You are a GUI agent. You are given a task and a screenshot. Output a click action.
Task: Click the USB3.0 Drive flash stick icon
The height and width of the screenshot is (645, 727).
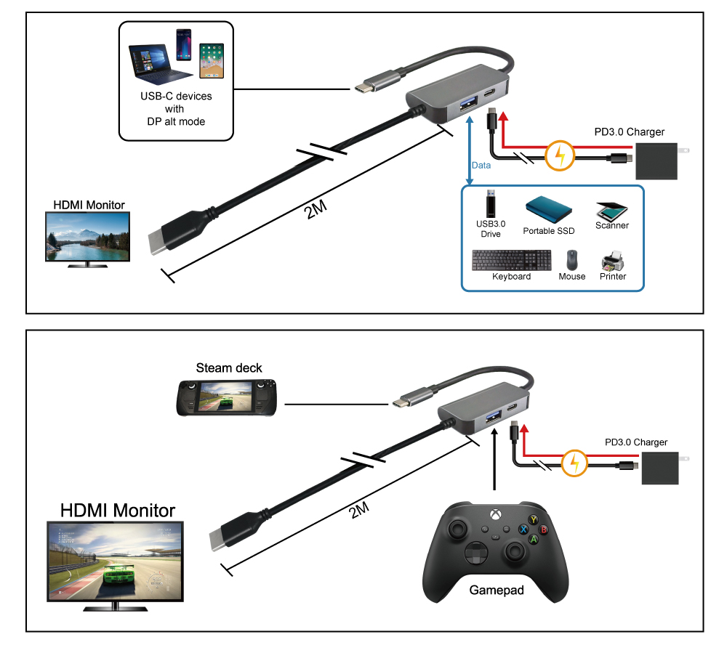click(x=492, y=203)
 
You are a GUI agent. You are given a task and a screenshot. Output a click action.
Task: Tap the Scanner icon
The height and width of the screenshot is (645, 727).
click(x=611, y=210)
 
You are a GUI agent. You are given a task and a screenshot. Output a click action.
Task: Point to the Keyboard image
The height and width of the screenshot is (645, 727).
click(x=511, y=260)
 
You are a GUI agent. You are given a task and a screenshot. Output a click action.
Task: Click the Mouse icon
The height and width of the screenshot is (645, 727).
click(x=572, y=260)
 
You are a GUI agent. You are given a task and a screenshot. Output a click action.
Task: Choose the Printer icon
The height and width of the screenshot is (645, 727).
click(x=612, y=259)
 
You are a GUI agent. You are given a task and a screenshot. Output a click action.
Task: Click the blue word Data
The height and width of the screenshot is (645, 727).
click(x=481, y=166)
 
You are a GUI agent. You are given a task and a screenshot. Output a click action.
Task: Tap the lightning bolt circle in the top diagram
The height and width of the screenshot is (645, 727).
click(x=560, y=154)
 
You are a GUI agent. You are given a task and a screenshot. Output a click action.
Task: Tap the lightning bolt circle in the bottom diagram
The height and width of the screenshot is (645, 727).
click(x=574, y=462)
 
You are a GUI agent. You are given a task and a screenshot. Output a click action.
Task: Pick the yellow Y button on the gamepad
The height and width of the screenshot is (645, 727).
click(x=534, y=519)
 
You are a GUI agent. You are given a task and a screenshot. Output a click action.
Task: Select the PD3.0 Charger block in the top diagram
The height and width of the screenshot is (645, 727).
click(x=657, y=161)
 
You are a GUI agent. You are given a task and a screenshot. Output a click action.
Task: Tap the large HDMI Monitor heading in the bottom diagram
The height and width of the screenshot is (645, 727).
click(x=117, y=510)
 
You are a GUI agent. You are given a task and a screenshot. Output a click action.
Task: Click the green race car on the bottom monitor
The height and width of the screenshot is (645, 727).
click(x=118, y=576)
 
